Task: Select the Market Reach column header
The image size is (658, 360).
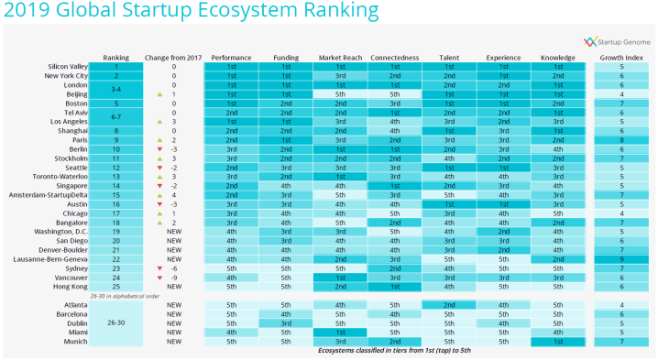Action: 339,58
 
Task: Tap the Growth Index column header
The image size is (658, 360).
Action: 620,58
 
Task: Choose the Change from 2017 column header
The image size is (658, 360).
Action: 172,58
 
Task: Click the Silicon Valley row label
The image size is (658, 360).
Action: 68,67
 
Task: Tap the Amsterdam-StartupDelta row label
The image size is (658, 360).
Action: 52,194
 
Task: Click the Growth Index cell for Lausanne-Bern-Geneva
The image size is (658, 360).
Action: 620,258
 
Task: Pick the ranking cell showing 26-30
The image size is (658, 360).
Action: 116,322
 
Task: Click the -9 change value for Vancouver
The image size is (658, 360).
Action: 172,277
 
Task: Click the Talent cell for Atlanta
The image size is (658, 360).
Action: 448,304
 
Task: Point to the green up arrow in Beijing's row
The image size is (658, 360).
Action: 158,94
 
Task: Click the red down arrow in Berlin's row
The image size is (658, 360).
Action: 158,148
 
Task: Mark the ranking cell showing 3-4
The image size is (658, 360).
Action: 116,90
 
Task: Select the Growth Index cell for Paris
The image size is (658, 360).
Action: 620,139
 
